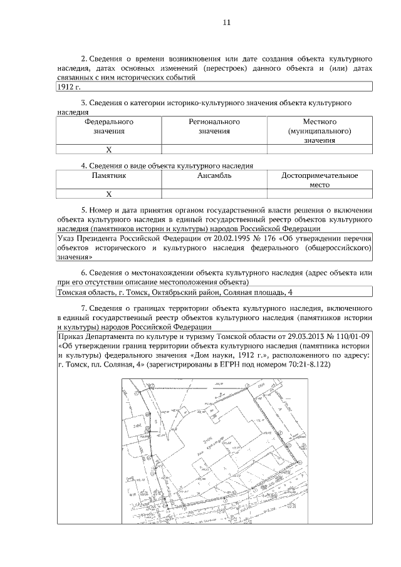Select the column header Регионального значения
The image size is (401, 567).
(214, 126)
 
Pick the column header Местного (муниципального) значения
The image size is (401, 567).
(320, 131)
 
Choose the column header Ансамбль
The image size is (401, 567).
(214, 176)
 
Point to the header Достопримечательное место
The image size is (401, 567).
(320, 181)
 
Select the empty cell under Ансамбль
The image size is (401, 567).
(214, 194)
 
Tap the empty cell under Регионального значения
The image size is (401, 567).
(214, 150)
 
